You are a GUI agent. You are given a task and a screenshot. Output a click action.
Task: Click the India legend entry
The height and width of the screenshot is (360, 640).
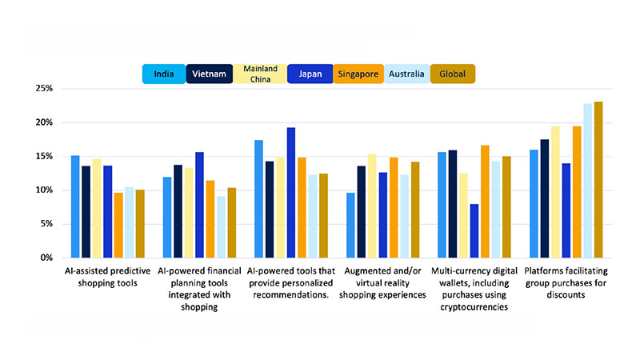tap(164, 74)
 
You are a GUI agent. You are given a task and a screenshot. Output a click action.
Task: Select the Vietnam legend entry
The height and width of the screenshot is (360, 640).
tap(210, 74)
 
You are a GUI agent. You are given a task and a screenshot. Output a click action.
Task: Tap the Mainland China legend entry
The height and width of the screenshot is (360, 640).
tap(259, 74)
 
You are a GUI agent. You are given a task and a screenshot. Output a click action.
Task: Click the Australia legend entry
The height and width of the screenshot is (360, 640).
tap(406, 74)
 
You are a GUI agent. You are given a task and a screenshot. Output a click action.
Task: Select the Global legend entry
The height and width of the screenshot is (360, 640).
tap(452, 74)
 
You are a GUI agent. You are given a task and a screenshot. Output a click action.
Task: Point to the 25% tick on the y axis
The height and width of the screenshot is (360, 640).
tap(42, 89)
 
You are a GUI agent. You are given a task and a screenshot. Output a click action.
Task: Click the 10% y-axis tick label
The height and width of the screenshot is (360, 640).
tap(42, 190)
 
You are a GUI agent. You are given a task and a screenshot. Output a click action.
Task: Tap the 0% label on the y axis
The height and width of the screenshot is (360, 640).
tap(45, 258)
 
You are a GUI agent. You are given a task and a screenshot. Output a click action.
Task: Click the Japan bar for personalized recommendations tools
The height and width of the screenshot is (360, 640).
tap(291, 193)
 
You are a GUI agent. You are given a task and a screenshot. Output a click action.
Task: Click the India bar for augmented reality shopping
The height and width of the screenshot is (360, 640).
tap(350, 225)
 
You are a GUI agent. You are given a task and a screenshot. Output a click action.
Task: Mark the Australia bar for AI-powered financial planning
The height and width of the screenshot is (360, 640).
tap(220, 226)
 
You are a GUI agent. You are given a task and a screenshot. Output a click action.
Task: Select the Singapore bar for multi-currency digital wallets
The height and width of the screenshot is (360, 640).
tap(485, 201)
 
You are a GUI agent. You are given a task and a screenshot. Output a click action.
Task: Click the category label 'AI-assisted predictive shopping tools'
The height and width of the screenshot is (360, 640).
tap(107, 278)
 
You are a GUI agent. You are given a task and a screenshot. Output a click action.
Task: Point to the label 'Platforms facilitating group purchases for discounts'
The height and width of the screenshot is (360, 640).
tap(565, 283)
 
